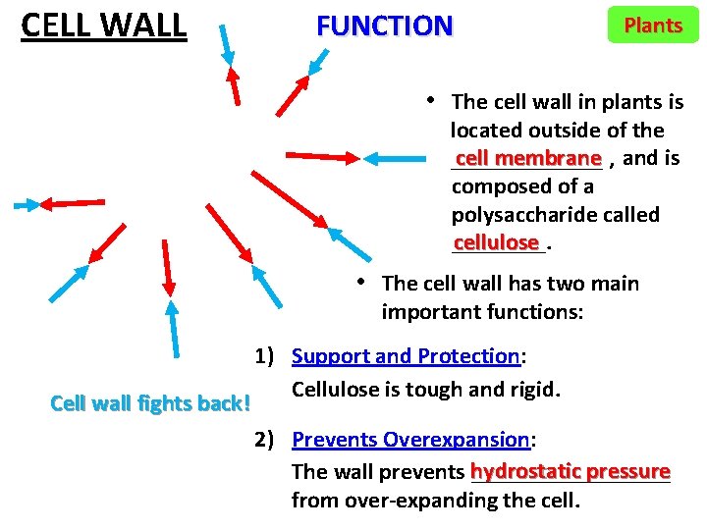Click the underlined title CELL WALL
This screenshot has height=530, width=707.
[x=103, y=25]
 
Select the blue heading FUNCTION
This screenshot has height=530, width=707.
[x=384, y=26]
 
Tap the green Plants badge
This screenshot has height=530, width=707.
[x=653, y=26]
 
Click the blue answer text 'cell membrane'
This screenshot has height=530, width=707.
[x=527, y=158]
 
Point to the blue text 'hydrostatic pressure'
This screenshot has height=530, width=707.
[x=571, y=471]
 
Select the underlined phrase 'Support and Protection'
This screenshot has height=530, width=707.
[x=406, y=356]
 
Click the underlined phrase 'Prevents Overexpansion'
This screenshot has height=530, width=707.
[x=410, y=440]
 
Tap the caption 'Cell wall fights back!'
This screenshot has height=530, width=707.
[x=150, y=403]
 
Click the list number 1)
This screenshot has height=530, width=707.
[x=269, y=356]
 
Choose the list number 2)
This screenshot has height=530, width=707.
[x=269, y=440]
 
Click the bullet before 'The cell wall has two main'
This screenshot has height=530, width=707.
[x=361, y=283]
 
